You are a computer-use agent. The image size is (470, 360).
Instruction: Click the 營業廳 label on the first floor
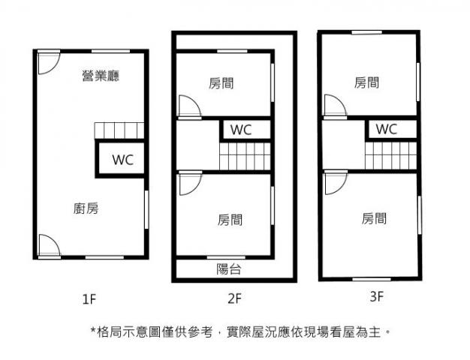101,75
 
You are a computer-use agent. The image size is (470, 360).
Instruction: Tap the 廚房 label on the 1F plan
86,208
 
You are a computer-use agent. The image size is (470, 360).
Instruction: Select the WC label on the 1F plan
122,159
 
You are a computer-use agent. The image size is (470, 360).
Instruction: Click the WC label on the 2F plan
241,129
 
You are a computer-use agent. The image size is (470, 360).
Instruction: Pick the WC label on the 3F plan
386,129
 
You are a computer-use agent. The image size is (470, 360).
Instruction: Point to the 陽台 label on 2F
229,269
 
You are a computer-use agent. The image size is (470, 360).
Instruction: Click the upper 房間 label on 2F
221,83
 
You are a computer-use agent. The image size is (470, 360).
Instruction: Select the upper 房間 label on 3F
366,82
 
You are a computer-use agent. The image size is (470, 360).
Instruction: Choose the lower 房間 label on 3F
374,218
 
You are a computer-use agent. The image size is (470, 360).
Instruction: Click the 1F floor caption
89,299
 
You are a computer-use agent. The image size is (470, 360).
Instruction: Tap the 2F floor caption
234,299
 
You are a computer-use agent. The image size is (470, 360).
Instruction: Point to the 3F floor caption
377,296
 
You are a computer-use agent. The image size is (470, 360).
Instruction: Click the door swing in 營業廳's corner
47,61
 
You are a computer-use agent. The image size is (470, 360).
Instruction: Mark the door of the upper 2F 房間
188,107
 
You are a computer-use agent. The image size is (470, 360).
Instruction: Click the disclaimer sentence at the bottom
240,330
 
